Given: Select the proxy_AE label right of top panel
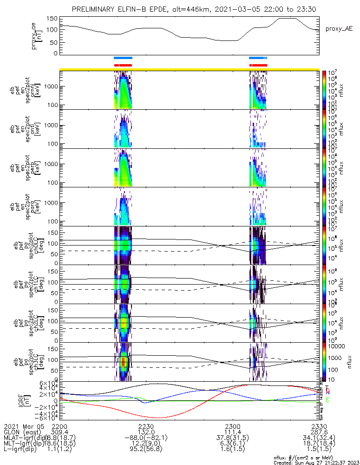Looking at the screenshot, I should (x=338, y=29).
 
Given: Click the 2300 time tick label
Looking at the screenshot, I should (x=232, y=426).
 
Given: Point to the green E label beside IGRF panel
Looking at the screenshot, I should (x=327, y=400).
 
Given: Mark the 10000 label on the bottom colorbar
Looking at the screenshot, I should (x=336, y=347).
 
